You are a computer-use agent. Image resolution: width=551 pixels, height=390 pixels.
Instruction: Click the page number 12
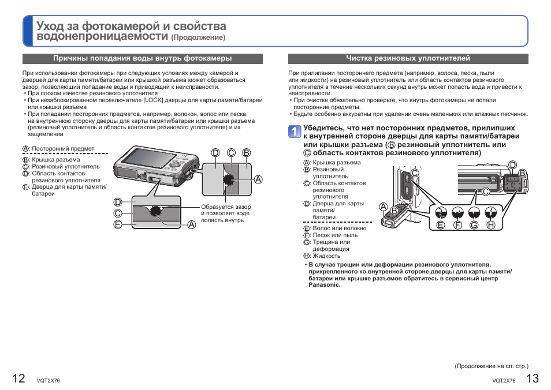click(18, 378)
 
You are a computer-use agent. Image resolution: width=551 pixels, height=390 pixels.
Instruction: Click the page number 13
click(532, 378)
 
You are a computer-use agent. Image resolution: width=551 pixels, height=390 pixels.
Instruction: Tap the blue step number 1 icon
click(295, 132)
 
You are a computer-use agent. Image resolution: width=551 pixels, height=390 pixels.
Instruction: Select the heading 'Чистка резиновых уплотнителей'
click(408, 58)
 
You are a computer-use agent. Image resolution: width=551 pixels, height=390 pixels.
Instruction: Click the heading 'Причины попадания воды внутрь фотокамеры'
click(143, 58)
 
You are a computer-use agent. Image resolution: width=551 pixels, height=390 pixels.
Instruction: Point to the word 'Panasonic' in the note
click(325, 284)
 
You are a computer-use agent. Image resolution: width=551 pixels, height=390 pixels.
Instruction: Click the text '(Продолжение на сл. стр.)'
click(492, 366)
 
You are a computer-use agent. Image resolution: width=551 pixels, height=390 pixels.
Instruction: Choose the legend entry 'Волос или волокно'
click(339, 228)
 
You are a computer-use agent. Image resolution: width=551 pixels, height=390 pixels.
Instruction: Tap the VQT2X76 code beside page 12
click(48, 380)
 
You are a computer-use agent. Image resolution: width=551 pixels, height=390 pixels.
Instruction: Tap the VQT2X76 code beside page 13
click(504, 380)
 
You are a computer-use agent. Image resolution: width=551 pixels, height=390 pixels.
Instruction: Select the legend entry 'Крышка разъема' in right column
click(336, 163)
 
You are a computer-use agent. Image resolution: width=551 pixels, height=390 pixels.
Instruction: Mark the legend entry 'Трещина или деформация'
click(331, 245)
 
